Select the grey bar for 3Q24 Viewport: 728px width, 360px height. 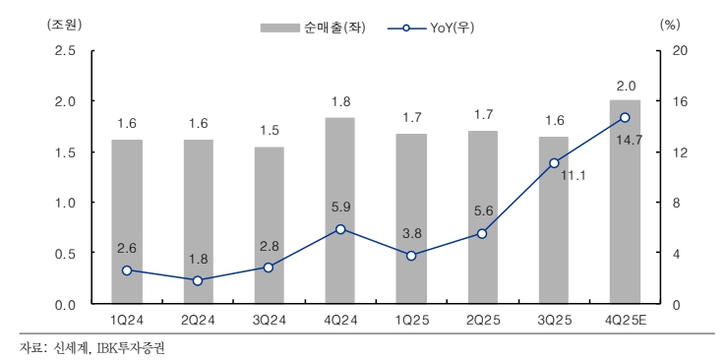coord(269,225)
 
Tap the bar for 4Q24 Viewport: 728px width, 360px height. coord(339,210)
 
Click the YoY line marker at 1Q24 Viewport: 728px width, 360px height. coord(126,270)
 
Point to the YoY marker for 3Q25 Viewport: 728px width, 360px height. coord(554,163)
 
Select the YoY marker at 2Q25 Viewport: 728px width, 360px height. coord(482,233)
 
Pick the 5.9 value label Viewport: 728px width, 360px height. coord(339,208)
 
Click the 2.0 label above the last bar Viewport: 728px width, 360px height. coord(625,85)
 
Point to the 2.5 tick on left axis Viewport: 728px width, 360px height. coord(64,50)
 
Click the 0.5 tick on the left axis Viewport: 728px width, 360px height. coord(64,254)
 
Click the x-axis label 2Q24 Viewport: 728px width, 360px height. coord(197,322)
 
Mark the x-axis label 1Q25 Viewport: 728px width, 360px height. coord(411,322)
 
